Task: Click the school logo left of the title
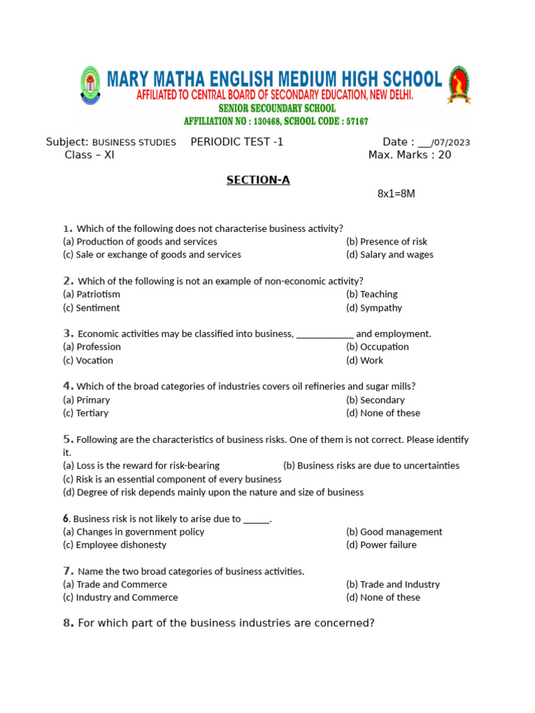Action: coord(90,86)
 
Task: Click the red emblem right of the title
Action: coord(458,86)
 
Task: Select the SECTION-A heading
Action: coord(258,180)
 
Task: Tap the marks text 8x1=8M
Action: coord(396,194)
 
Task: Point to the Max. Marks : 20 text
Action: coord(409,155)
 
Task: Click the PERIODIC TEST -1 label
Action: coord(237,142)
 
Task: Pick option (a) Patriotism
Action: coord(91,295)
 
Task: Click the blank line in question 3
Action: coord(325,334)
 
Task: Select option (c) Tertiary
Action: coord(86,413)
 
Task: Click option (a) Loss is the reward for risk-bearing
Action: coord(141,465)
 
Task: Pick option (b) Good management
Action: coord(394,532)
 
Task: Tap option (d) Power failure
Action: coord(381,545)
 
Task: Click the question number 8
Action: coord(68,623)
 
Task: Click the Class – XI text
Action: coord(89,155)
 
